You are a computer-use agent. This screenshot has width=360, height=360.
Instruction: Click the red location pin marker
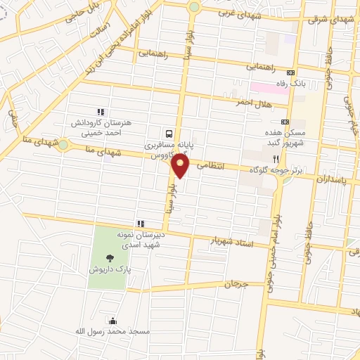[181, 167]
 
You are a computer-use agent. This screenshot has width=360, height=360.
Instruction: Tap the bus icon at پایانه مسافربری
[169, 133]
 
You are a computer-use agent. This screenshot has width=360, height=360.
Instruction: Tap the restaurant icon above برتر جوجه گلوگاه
[285, 159]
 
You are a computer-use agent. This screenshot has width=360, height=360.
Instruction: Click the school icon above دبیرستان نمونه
[140, 224]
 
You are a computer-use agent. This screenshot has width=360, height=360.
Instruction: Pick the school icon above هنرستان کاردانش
[101, 111]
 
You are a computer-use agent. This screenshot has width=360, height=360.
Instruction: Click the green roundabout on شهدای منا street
[63, 145]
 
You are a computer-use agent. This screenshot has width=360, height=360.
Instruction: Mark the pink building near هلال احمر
[267, 89]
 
